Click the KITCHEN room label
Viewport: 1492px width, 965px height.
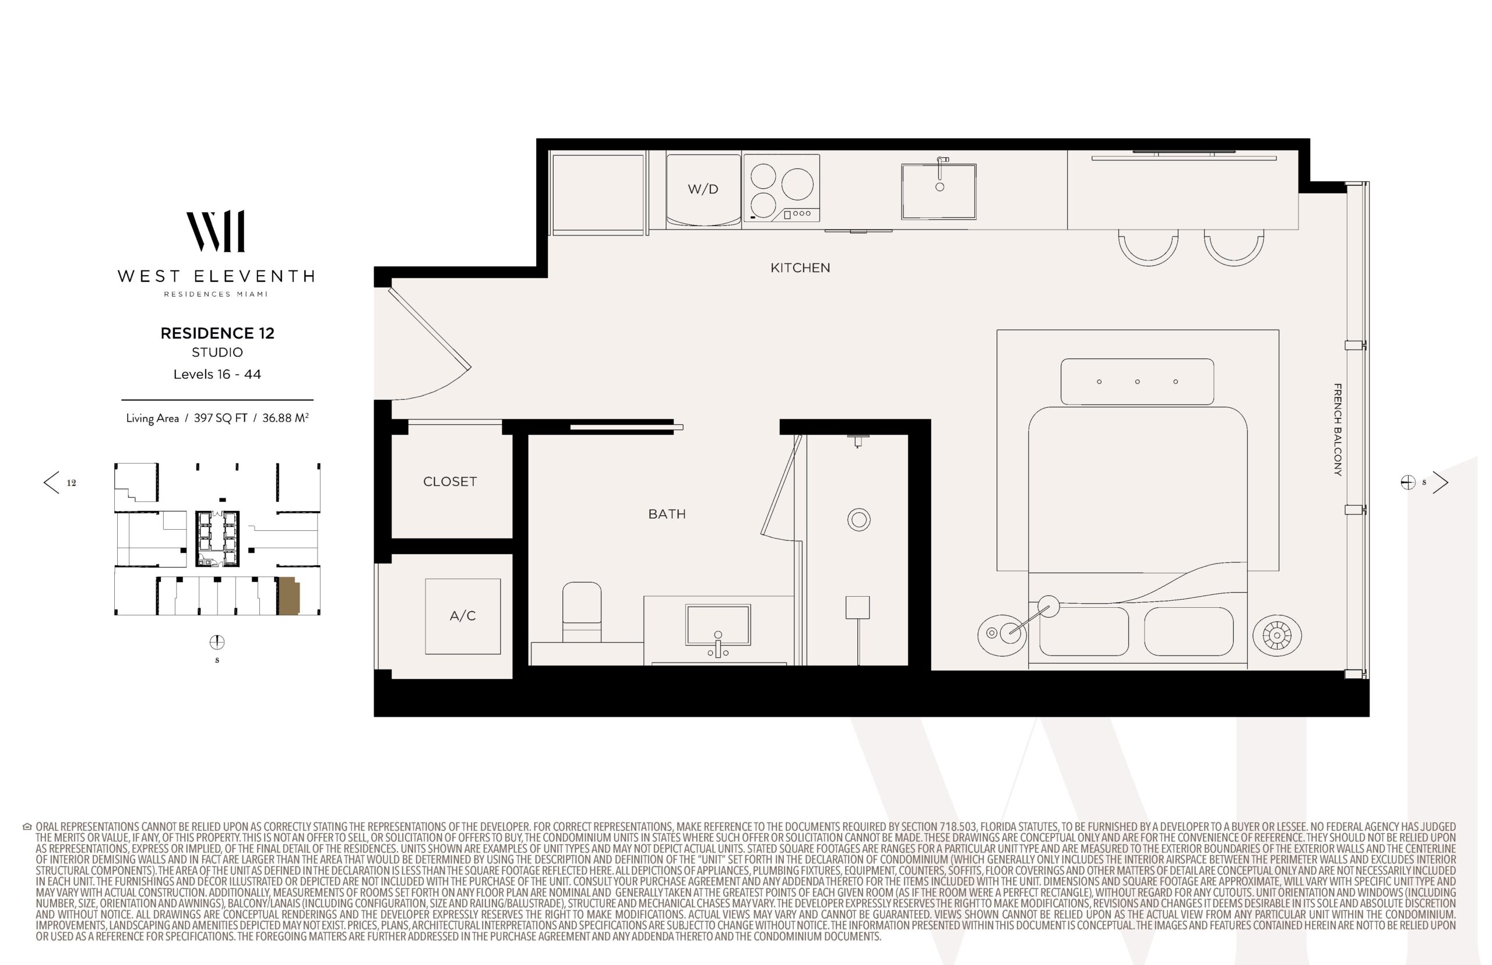[x=800, y=267]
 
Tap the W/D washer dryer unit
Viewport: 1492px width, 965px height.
[x=703, y=190]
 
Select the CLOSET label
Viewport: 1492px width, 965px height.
[x=450, y=481]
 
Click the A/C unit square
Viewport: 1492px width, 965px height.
[x=462, y=616]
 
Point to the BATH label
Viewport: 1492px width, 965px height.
[x=667, y=514]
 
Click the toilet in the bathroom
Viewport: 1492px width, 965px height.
[x=582, y=612]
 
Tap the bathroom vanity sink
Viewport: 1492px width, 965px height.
[x=718, y=625]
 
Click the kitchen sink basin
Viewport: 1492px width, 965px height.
[x=939, y=191]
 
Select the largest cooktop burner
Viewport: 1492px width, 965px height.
[x=797, y=184]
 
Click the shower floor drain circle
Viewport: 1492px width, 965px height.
[x=859, y=519]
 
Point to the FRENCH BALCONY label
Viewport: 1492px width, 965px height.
[x=1338, y=430]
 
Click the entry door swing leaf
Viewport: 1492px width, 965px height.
[x=430, y=328]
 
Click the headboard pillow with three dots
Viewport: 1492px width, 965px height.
[x=1136, y=382]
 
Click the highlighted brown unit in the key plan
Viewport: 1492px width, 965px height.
[x=289, y=596]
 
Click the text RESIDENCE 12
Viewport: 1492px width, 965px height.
[x=217, y=333]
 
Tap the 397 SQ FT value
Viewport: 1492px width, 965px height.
[x=220, y=418]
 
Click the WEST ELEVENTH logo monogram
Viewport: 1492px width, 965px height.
[x=216, y=231]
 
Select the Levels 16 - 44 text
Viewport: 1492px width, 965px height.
[x=217, y=374]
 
